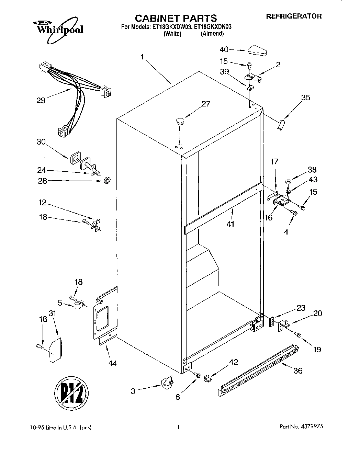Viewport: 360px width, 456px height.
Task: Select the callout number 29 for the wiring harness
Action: click(41, 101)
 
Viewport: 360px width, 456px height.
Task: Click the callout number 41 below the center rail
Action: click(230, 224)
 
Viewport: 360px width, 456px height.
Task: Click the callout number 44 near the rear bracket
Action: click(113, 363)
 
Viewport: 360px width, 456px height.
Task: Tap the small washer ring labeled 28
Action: click(108, 180)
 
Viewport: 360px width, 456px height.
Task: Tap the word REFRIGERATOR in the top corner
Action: click(294, 16)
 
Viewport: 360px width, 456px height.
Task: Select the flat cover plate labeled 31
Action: click(55, 350)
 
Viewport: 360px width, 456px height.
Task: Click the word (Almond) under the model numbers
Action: click(212, 34)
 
